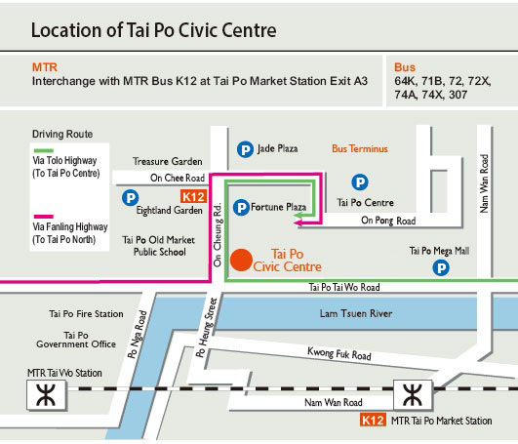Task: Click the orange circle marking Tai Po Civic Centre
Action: click(242, 260)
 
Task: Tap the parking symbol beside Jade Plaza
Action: click(245, 149)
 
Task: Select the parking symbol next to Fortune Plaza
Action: click(240, 207)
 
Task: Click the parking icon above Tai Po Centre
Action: click(360, 182)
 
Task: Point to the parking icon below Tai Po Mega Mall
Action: click(441, 267)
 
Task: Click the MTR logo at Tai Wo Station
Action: click(44, 394)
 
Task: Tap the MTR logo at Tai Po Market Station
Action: click(407, 394)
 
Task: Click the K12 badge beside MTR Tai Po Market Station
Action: click(372, 422)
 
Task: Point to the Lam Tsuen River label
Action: click(355, 314)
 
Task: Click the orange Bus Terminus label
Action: click(360, 149)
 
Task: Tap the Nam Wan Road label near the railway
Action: click(333, 402)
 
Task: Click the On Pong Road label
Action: click(388, 221)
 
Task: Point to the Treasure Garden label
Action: click(167, 161)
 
